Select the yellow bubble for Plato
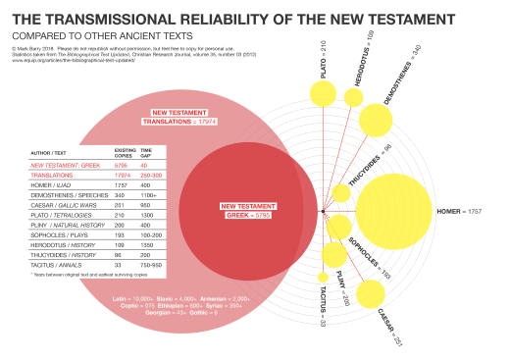click(x=321, y=94)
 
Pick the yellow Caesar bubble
click(x=370, y=293)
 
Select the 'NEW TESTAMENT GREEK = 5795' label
click(x=243, y=209)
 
